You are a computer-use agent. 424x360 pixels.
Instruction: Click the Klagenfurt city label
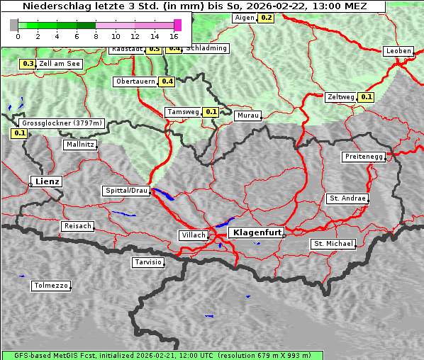(258, 232)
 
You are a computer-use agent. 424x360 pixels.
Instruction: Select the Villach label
(193, 235)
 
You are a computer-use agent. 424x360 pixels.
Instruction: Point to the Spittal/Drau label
(126, 191)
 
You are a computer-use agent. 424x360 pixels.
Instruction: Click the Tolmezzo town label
(51, 286)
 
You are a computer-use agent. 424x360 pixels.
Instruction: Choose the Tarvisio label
(148, 262)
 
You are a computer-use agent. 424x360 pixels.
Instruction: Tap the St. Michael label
(333, 244)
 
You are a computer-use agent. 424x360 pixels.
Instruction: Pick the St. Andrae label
(347, 198)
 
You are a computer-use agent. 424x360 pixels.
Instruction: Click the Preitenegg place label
(364, 157)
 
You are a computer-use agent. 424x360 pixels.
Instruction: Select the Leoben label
(398, 51)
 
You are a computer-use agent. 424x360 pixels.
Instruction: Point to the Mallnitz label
(80, 145)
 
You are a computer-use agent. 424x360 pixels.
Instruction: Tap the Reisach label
(77, 226)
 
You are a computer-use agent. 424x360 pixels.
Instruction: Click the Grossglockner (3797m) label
(62, 123)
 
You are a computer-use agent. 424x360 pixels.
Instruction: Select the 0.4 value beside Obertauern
(167, 81)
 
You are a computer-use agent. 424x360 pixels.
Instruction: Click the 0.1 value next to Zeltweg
(366, 97)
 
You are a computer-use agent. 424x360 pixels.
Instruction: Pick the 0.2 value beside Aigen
(266, 18)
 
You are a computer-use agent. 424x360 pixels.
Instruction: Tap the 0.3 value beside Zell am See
(28, 64)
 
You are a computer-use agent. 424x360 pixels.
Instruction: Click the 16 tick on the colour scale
(174, 35)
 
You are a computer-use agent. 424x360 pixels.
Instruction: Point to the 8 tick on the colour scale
(96, 35)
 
